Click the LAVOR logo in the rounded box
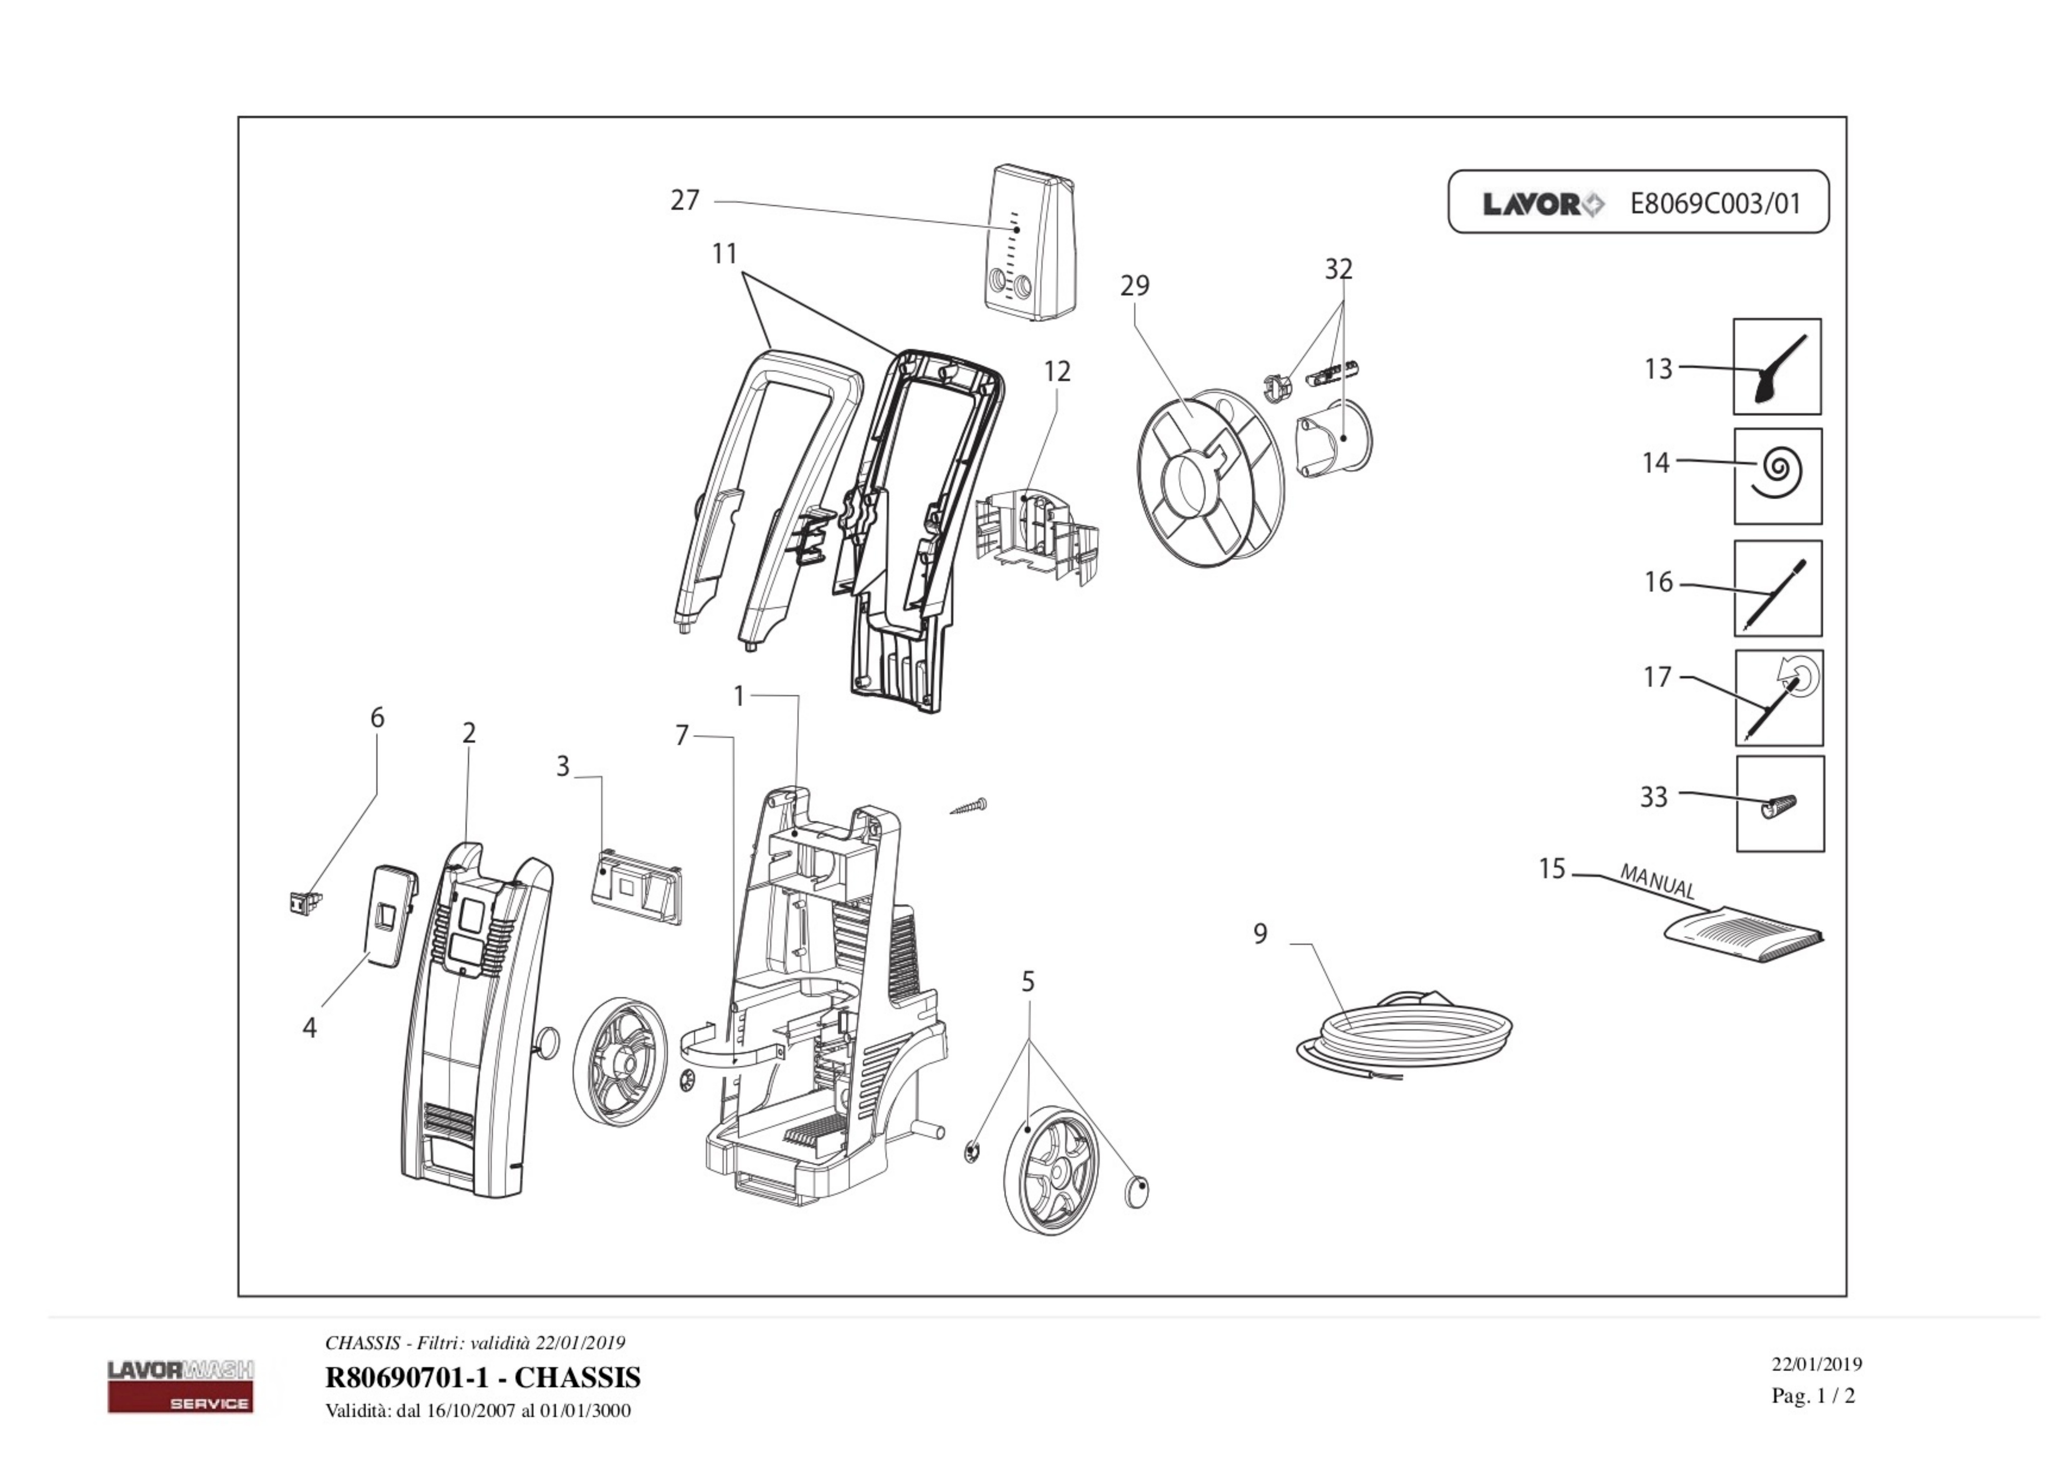[x=1543, y=205]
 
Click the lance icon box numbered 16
[x=1777, y=588]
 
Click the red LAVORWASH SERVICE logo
[x=181, y=1386]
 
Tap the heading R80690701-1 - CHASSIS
[x=482, y=1377]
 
